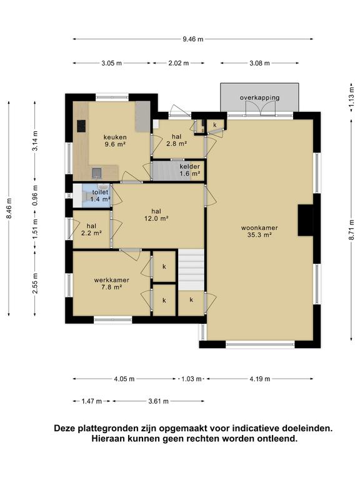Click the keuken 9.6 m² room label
click(115, 141)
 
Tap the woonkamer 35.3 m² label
click(259, 231)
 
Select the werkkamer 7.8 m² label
click(112, 284)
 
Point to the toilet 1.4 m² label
click(101, 196)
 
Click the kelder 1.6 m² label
click(190, 170)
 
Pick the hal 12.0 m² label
click(156, 214)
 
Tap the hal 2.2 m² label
click(91, 229)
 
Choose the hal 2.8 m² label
click(177, 140)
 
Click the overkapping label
click(259, 97)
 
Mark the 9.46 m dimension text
click(193, 39)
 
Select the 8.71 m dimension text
click(351, 230)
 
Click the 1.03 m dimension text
click(191, 379)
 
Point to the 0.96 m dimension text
click(36, 195)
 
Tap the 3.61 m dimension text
click(158, 401)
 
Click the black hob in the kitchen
click(81, 126)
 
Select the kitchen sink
click(97, 173)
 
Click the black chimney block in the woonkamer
click(305, 220)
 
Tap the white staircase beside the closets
click(191, 270)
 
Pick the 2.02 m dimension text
click(179, 63)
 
